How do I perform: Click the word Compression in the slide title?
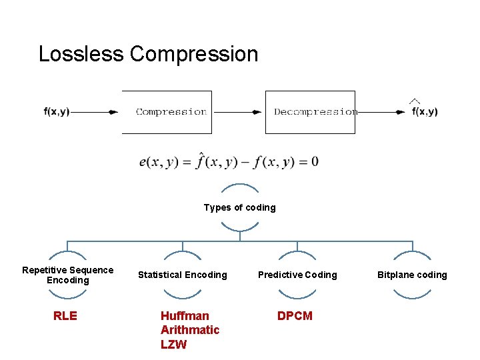point(194,54)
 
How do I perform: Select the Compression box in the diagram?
point(167,112)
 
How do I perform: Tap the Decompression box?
point(311,112)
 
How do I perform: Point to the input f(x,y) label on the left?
point(57,112)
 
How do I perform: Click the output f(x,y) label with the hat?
point(425,111)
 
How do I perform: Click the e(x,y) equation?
point(229,162)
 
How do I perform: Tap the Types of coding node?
point(239,207)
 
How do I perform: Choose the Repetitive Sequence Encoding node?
point(68,275)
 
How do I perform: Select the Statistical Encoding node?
point(182,275)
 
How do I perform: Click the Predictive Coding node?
point(297,275)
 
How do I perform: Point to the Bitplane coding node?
point(412,275)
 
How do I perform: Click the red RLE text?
point(65,316)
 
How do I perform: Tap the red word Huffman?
point(185,316)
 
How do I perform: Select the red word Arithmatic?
point(190,330)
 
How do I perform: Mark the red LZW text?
point(173,345)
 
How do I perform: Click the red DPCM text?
point(295,316)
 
